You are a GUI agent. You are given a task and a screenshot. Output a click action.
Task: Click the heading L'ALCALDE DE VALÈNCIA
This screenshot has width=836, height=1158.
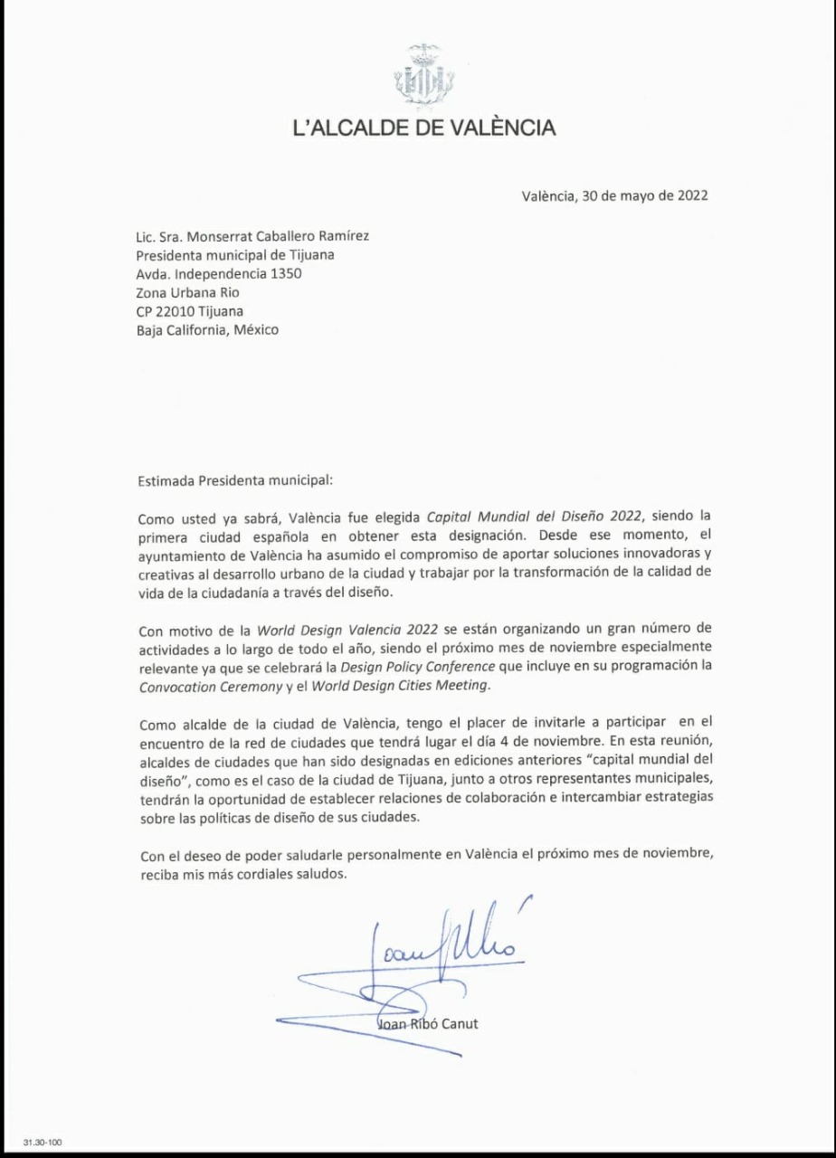[x=424, y=128]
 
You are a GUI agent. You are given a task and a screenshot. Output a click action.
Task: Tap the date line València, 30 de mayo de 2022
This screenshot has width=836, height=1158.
[x=614, y=195]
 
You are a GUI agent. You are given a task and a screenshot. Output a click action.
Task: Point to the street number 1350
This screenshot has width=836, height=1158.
[x=287, y=273]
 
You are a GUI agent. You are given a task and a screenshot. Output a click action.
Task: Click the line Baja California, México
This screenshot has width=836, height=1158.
[x=207, y=329]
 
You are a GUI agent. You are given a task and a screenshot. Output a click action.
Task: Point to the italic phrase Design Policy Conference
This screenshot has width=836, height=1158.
[x=423, y=668]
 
